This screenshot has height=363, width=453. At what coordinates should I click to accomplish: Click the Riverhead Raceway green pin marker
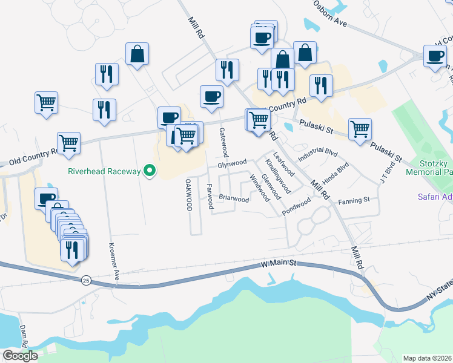click(x=150, y=172)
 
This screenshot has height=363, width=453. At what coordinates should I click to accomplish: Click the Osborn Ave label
click(x=330, y=13)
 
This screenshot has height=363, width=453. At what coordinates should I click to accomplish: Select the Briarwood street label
click(x=234, y=198)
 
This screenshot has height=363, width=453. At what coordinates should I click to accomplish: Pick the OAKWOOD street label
click(x=189, y=194)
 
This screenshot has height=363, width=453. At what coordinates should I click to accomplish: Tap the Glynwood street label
click(x=232, y=162)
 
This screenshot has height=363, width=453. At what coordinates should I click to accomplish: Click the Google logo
click(x=20, y=356)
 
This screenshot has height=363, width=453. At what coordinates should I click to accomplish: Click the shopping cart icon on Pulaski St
click(x=360, y=128)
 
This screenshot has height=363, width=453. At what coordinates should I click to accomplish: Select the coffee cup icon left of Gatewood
click(x=211, y=96)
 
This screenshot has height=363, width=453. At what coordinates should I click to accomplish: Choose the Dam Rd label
click(x=24, y=336)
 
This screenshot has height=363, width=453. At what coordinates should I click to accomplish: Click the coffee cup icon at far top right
click(x=435, y=56)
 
